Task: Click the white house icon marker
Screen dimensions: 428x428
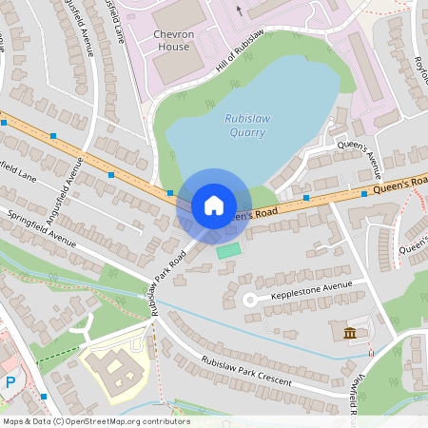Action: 214,204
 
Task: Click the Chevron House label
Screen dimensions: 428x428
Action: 172,39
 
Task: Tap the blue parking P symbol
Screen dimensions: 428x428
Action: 10,382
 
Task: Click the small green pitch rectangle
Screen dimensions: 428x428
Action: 228,250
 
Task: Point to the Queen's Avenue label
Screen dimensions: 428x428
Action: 359,160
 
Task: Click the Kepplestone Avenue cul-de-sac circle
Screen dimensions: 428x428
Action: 250,300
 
